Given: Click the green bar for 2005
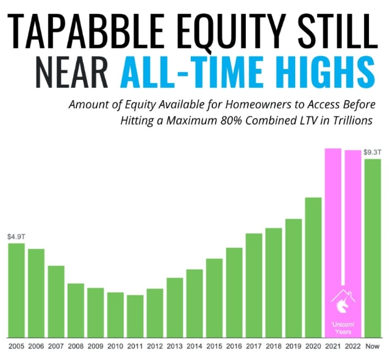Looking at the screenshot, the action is (16, 290).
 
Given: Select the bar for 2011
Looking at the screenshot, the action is (135, 316).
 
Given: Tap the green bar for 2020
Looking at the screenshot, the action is (313, 268).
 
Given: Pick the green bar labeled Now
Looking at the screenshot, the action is (373, 248).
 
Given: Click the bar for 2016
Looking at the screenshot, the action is (234, 293).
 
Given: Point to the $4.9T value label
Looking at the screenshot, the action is (16, 237).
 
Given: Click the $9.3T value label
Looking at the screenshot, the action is (372, 152).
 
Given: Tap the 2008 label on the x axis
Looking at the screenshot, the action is (76, 346).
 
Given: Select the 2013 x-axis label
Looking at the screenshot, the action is (174, 346).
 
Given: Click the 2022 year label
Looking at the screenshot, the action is (353, 346).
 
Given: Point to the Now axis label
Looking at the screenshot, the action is (373, 346).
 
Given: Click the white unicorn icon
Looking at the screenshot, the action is (343, 307).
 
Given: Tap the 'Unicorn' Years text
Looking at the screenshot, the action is (343, 328).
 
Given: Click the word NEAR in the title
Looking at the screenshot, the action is (72, 72).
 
